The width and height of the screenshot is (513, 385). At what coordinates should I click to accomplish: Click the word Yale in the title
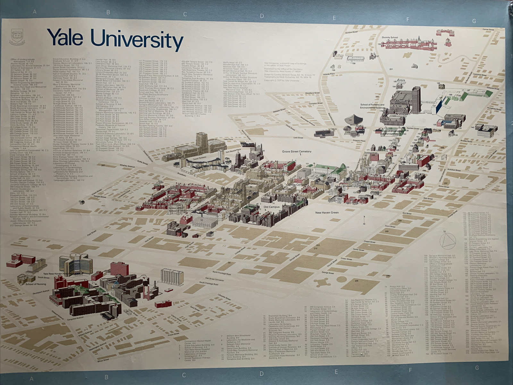click(x=65, y=38)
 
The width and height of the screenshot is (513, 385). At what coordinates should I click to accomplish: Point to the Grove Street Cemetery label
click(x=297, y=151)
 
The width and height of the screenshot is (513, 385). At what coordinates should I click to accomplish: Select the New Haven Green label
click(x=327, y=213)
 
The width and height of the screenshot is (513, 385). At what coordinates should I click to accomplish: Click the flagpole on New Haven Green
click(x=364, y=220)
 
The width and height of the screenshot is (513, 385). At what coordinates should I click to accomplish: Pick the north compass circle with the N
click(x=448, y=240)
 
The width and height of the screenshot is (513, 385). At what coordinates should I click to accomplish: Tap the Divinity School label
click(x=390, y=38)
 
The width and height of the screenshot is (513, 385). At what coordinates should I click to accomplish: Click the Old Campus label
click(x=271, y=207)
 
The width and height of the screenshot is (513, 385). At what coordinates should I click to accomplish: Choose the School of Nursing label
click(x=36, y=284)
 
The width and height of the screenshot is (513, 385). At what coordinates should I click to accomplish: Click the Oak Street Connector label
click(x=214, y=279)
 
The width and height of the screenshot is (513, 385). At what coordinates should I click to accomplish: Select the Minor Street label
click(x=103, y=361)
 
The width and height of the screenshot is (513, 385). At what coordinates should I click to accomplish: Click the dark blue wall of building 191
click(x=438, y=105)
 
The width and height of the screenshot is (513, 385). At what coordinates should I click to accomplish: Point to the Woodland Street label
click(x=312, y=93)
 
